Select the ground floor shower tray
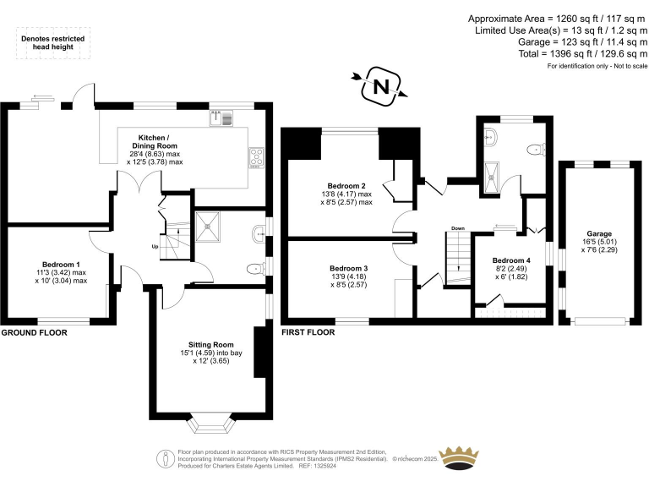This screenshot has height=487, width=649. pyautogui.click(x=208, y=225)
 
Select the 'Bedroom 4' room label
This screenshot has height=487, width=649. pyautogui.click(x=511, y=260)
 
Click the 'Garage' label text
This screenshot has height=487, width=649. pyautogui.click(x=599, y=233)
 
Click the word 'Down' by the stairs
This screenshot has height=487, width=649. pyautogui.click(x=457, y=228)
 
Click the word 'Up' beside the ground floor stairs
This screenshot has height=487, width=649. pyautogui.click(x=154, y=247)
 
